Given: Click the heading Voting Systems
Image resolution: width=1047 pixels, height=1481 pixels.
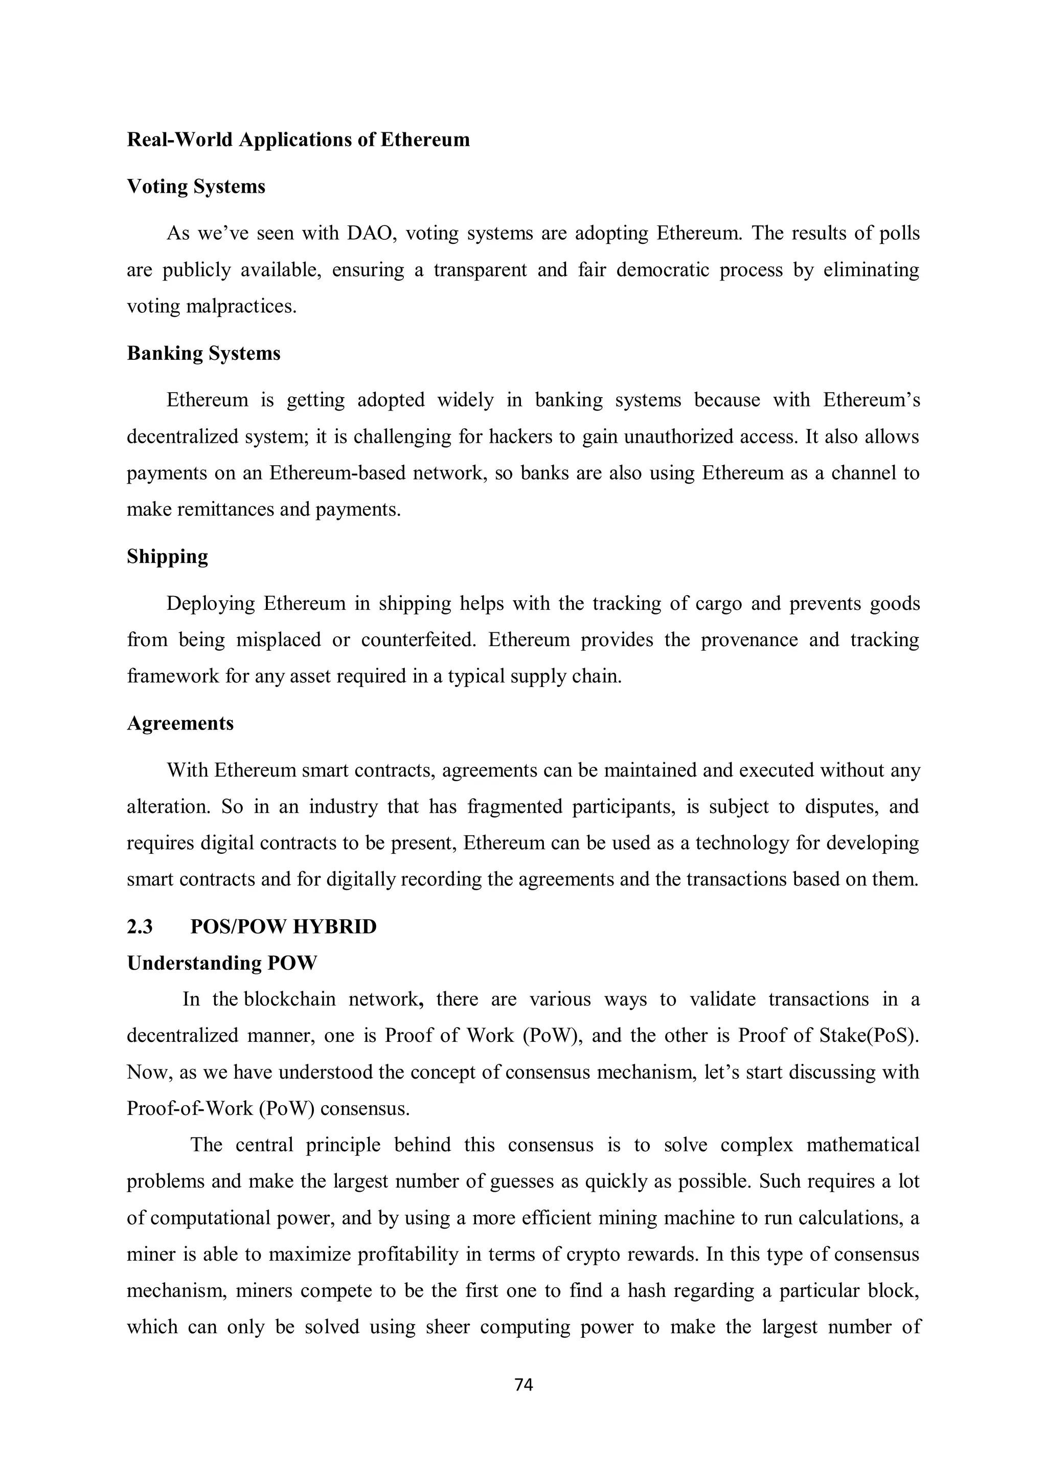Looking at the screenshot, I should click(196, 187).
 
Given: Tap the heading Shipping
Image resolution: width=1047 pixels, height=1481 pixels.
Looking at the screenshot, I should click(167, 557).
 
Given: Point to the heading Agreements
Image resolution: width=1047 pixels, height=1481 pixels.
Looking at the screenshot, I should click(180, 723).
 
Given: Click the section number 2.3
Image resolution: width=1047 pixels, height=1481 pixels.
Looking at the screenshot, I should click(140, 927).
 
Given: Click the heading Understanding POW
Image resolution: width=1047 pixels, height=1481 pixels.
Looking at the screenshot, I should click(222, 963).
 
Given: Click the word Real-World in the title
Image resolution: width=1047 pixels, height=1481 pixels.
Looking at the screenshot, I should click(180, 140).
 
